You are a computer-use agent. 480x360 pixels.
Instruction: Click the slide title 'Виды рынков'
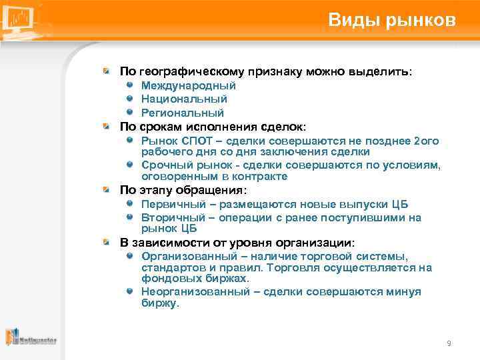[x=392, y=20]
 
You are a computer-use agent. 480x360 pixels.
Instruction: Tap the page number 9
[x=449, y=343]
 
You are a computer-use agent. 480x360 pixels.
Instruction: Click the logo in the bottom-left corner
[x=30, y=338]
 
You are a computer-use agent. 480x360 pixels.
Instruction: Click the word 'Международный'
[x=189, y=86]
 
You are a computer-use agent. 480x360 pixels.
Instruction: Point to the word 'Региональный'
[x=182, y=113]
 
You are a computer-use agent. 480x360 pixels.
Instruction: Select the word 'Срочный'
[x=164, y=165]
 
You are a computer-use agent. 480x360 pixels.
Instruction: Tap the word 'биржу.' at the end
[x=160, y=303]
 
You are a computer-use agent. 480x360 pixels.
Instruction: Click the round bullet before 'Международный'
[x=131, y=86]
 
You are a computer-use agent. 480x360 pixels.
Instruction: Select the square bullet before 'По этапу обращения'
[x=106, y=189]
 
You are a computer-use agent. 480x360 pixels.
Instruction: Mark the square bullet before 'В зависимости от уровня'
[x=106, y=242]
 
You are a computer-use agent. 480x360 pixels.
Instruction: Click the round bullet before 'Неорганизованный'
[x=131, y=292]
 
